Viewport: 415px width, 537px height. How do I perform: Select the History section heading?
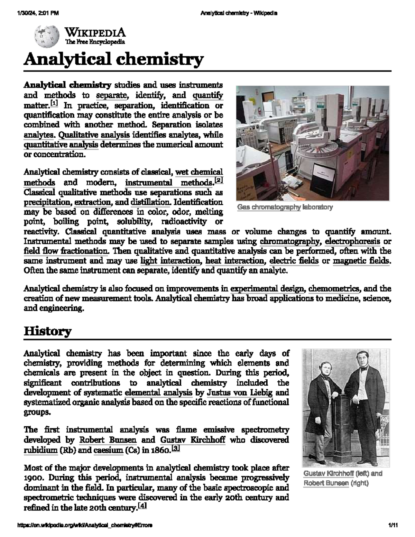pos(47,331)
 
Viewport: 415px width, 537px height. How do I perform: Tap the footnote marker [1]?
pos(54,103)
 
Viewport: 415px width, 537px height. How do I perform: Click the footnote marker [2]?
pos(219,180)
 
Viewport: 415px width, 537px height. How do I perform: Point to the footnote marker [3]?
pos(176,448)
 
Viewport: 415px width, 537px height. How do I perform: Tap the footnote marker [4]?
pos(142,506)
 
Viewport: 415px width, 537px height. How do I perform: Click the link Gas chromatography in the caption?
pos(269,207)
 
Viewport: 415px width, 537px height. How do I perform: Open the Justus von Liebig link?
pos(239,392)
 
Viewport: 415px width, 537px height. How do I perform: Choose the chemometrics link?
pos(334,288)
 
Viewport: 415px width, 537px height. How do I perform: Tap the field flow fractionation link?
pos(66,251)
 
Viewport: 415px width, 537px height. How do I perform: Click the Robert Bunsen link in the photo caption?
pos(326,483)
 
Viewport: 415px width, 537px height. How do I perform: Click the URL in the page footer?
pos(85,525)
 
